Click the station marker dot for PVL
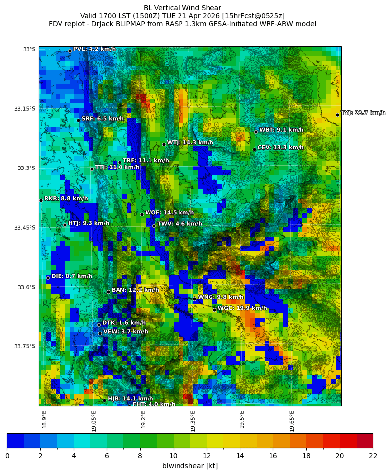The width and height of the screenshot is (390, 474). [x=70, y=51]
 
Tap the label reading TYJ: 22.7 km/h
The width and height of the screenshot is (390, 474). [x=363, y=113]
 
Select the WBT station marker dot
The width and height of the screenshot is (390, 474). [x=256, y=132]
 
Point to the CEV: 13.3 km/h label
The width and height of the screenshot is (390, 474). [x=280, y=148]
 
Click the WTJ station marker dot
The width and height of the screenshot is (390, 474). [x=164, y=144]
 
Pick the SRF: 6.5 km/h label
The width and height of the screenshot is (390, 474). [x=102, y=119]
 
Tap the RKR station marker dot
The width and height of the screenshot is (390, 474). [x=41, y=200]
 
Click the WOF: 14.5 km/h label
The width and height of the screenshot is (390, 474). [x=169, y=213]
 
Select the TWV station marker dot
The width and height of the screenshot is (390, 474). [x=154, y=226]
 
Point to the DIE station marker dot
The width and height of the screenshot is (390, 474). [x=48, y=278]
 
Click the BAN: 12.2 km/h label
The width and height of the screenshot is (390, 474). [x=135, y=290]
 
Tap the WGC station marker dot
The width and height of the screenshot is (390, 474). [x=214, y=310]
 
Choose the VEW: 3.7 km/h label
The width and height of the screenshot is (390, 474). [x=125, y=332]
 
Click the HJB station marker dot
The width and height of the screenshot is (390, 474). [x=104, y=400]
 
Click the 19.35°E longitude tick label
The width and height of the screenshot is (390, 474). [x=193, y=421]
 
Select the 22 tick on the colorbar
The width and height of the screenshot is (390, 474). [x=373, y=456]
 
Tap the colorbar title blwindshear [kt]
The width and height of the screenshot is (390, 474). [x=190, y=466]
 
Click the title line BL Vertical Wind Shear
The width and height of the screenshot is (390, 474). [x=182, y=8]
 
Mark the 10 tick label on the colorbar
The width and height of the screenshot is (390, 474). [x=173, y=456]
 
